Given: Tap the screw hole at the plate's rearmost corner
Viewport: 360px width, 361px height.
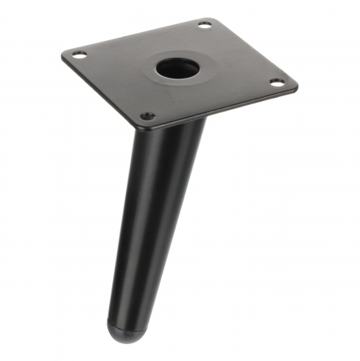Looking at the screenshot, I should click(x=204, y=25).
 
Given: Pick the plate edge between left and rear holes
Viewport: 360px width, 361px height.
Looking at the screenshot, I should click(x=136, y=35).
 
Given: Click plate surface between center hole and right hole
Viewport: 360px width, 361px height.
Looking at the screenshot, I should click(x=229, y=75).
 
